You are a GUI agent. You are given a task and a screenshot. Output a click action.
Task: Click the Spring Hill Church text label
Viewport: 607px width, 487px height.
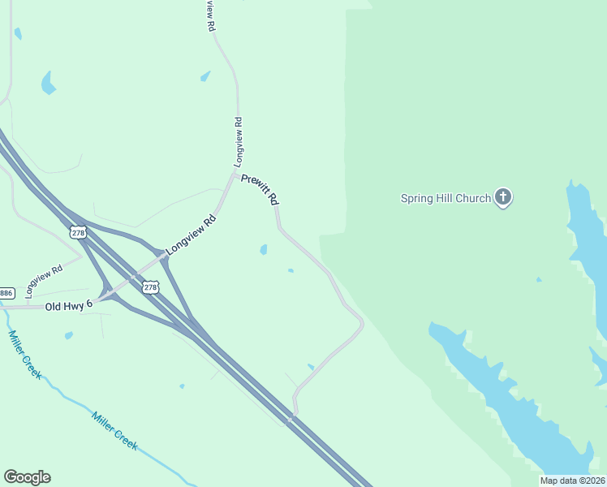tap(446, 198)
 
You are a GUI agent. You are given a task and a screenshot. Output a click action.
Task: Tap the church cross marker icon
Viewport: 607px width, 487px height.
tap(503, 196)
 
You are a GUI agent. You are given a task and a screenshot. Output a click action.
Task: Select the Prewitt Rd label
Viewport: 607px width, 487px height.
tap(260, 189)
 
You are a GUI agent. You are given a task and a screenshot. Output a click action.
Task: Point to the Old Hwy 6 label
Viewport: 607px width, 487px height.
tap(69, 306)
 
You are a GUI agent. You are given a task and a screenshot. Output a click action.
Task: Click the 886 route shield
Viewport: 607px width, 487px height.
tap(6, 292)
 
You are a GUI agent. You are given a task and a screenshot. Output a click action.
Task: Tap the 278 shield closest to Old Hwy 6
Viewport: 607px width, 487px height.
tap(150, 287)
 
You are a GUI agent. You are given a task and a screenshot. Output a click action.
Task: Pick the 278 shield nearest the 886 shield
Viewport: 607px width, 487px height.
tap(78, 233)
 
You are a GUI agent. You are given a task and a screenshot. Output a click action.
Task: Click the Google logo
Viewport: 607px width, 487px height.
tap(27, 477)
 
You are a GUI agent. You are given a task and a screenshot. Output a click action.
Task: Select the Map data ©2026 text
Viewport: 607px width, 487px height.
tap(572, 481)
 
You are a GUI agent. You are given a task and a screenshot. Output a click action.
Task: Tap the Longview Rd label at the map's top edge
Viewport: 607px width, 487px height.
tap(211, 15)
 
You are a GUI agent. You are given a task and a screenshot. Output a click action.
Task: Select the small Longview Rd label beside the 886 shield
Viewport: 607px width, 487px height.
tap(45, 281)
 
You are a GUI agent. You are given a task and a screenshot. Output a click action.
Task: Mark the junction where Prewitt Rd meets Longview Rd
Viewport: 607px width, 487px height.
tap(235, 174)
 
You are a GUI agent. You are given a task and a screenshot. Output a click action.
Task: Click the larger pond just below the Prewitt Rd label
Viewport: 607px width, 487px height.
tap(263, 249)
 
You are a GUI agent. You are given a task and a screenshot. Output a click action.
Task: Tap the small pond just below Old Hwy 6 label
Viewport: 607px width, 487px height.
tap(69, 334)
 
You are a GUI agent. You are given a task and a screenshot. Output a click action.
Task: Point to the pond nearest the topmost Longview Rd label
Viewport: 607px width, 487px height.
tap(205, 76)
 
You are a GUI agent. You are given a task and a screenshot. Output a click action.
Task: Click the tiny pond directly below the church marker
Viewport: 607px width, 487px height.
tap(538, 279)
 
